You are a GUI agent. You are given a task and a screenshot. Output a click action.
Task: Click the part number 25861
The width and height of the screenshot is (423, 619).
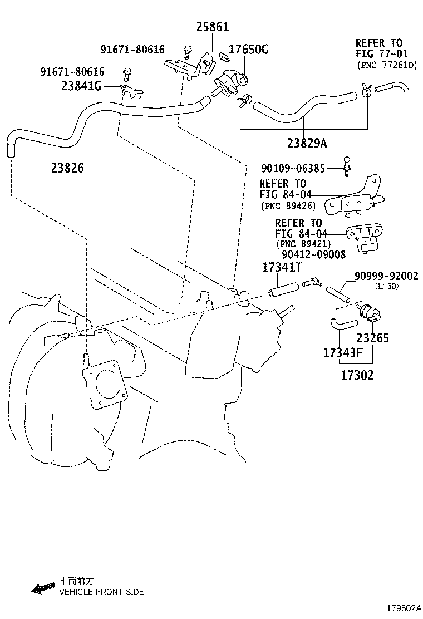212,27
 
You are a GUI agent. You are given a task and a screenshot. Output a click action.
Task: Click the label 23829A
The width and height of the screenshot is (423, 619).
307,143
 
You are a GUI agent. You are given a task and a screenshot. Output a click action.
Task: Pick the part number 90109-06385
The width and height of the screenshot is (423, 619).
295,167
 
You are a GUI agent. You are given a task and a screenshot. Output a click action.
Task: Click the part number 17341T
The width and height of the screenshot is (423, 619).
282,268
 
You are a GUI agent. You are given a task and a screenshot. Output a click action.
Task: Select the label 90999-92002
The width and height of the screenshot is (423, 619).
386,276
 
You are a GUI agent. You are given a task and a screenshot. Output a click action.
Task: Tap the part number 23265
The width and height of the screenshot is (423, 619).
373,337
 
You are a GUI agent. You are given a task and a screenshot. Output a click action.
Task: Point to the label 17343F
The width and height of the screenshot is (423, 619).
343,352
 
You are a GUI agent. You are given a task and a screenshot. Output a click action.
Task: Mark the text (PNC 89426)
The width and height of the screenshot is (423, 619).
287,206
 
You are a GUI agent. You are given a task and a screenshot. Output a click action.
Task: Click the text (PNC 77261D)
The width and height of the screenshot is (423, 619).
386,65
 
